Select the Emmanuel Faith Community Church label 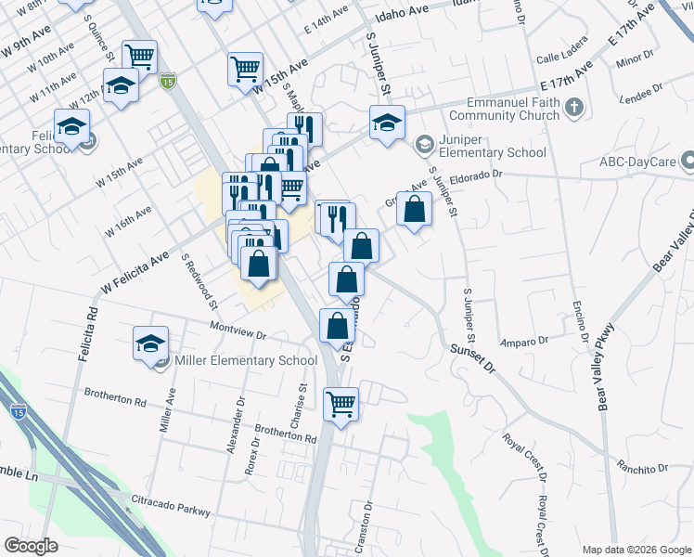coord(504,110)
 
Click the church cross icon coord(574,109)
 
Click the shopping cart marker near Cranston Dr coord(341,404)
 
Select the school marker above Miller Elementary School coord(150,343)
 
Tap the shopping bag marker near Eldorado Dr coord(414,210)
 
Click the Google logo coord(31,546)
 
